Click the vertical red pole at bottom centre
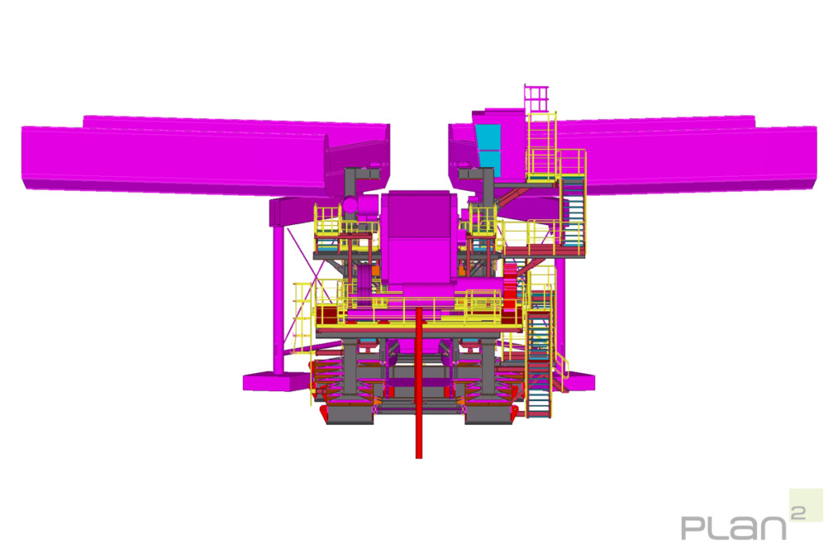tap(419, 383)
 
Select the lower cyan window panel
tap(490, 164)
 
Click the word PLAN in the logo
tap(734, 527)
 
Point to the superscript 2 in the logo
tap(798, 513)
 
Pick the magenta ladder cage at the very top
tap(537, 98)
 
